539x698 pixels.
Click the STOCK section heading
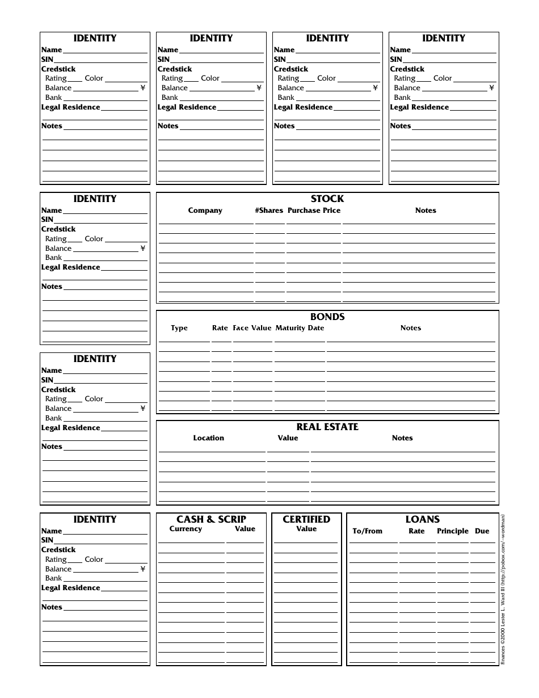pyautogui.click(x=327, y=199)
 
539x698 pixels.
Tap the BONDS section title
pyautogui.click(x=327, y=317)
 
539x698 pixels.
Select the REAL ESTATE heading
pyautogui.click(x=327, y=427)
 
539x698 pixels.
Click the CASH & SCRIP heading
pyautogui.click(x=211, y=519)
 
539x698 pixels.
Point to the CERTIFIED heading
pyautogui.click(x=306, y=519)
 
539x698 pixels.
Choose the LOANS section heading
pyautogui.click(x=423, y=519)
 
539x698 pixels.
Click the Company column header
pyautogui.click(x=205, y=211)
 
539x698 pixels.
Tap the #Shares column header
pyautogui.click(x=269, y=211)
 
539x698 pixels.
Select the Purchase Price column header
pyautogui.click(x=314, y=211)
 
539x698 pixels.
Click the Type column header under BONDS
pyautogui.click(x=179, y=328)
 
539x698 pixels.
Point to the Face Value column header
pyautogui.click(x=252, y=328)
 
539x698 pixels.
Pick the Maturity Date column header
pyautogui.click(x=300, y=328)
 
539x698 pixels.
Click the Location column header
pyautogui.click(x=208, y=438)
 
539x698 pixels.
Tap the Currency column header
pyautogui.click(x=186, y=529)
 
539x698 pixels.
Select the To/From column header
pyautogui.click(x=368, y=531)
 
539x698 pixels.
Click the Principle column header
pyautogui.click(x=453, y=531)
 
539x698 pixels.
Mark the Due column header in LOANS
pyautogui.click(x=482, y=531)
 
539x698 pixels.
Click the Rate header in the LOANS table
pyautogui.click(x=416, y=531)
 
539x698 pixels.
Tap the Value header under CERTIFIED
pyautogui.click(x=306, y=529)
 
